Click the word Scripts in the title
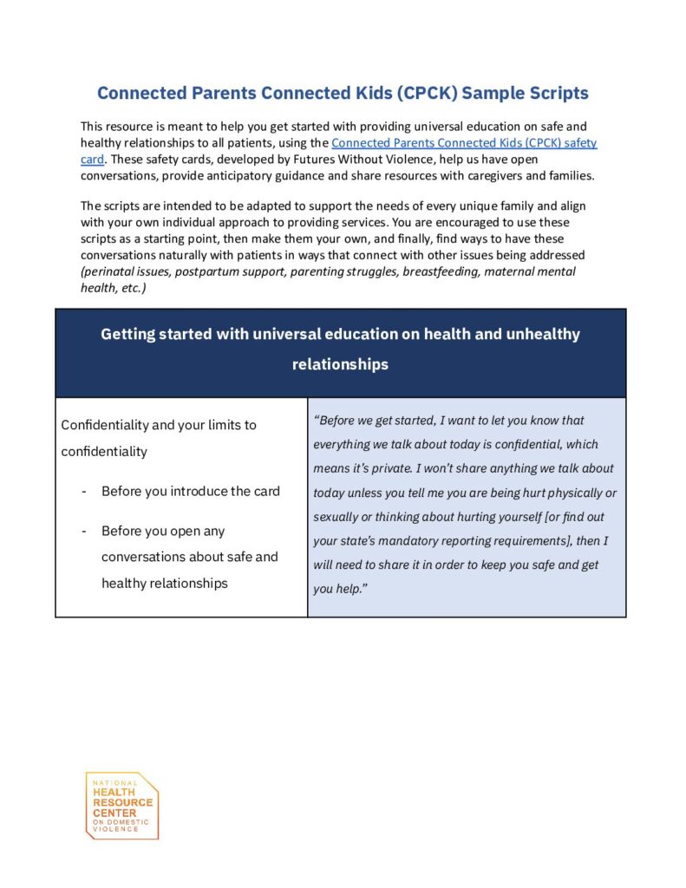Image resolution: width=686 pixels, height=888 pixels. pyautogui.click(x=552, y=93)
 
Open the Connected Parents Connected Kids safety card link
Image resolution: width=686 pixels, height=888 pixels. pyautogui.click(x=464, y=143)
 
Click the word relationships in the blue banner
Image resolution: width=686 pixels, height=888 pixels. pyautogui.click(x=340, y=364)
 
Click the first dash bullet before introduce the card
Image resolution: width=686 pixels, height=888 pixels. pyautogui.click(x=83, y=492)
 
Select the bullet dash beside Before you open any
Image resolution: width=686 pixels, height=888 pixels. pyautogui.click(x=83, y=531)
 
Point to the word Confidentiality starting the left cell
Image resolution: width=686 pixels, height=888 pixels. pyautogui.click(x=104, y=425)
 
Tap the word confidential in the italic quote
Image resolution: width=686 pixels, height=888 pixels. pyautogui.click(x=524, y=445)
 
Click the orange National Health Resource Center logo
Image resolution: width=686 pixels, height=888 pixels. pyautogui.click(x=121, y=806)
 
